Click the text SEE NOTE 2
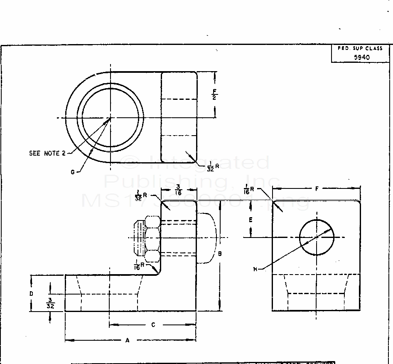[x=47, y=153]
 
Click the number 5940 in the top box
[x=361, y=58]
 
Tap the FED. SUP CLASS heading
[x=360, y=49]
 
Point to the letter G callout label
[x=73, y=172]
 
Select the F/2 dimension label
[x=215, y=94]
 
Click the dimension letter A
[x=128, y=340]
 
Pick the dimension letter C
[x=153, y=325]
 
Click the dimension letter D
[x=31, y=293]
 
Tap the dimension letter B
[x=220, y=253]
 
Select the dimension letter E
[x=251, y=220]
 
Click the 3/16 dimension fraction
[x=178, y=190]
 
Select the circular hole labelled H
[x=317, y=238]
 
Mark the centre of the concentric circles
[x=111, y=118]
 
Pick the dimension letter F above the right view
[x=317, y=189]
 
